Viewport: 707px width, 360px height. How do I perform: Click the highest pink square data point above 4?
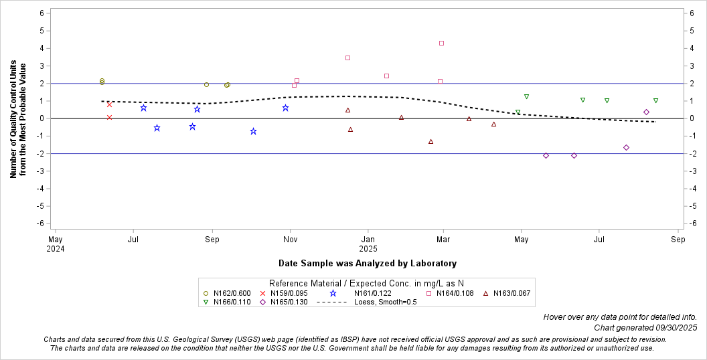[x=441, y=43]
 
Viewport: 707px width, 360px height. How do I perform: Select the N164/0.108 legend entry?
[x=455, y=293]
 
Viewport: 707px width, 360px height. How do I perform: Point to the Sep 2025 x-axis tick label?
[x=678, y=239]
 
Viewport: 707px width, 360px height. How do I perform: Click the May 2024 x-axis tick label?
[x=56, y=243]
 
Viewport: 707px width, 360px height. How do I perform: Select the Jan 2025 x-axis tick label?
[x=368, y=243]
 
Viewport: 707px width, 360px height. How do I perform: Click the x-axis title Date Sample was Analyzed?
[x=368, y=263]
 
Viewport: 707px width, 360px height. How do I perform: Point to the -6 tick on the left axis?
[x=41, y=223]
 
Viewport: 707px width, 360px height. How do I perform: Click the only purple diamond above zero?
[x=646, y=112]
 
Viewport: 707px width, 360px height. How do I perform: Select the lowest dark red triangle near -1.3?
[x=430, y=142]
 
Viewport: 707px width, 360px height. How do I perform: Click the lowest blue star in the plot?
[x=253, y=131]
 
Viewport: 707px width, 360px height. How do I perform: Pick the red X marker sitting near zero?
[x=109, y=118]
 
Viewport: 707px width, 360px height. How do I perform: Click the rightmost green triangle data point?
[x=655, y=100]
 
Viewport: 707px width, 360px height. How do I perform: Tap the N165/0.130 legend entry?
[x=285, y=302]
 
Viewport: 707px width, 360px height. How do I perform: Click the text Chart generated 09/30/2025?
[x=645, y=328]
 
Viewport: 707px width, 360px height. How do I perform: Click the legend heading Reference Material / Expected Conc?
[x=366, y=283]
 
